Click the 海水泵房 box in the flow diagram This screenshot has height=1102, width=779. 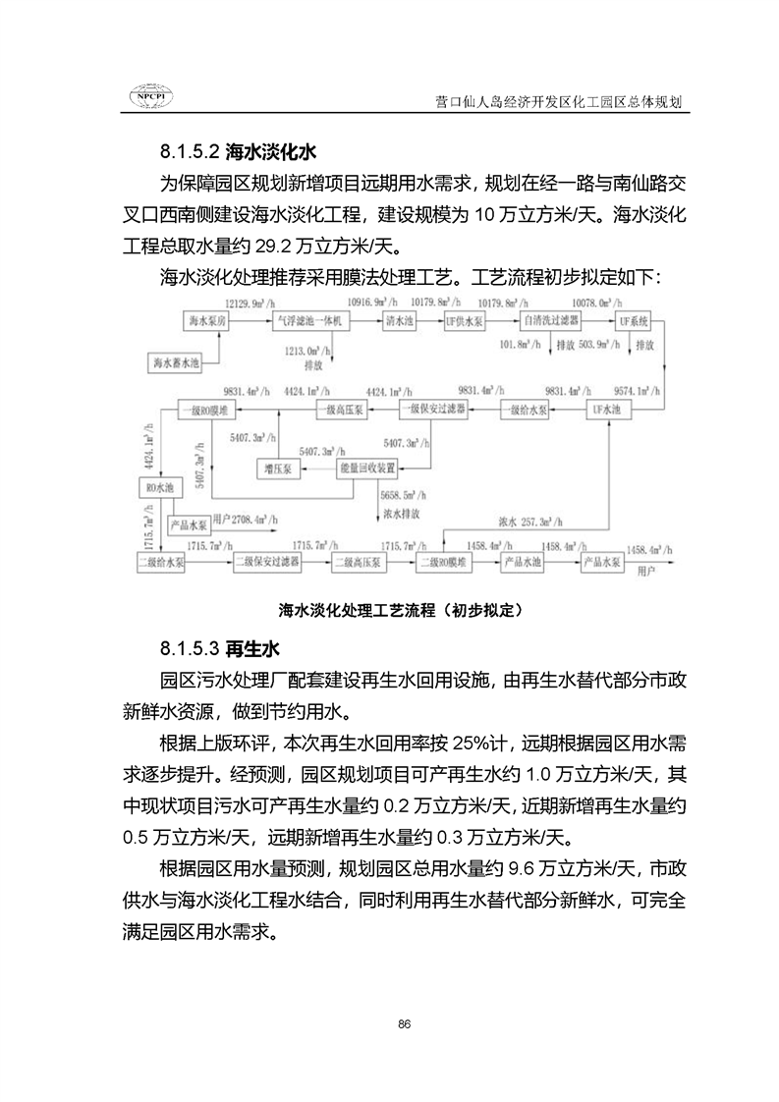207,321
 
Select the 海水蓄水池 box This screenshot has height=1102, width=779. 176,362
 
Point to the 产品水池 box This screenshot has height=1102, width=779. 522,562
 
